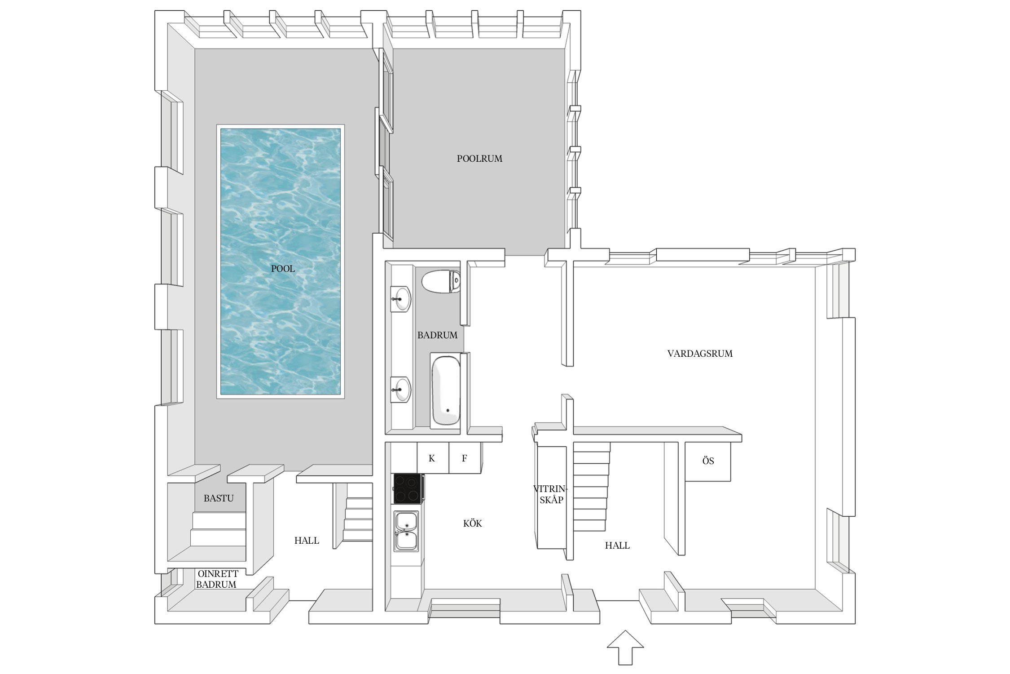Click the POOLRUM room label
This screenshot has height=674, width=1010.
coord(479,159)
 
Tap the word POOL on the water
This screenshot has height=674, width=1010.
coord(283,269)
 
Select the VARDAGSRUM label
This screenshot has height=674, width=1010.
coord(700,354)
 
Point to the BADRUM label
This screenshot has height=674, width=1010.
coord(437,335)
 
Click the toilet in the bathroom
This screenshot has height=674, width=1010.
coord(441,281)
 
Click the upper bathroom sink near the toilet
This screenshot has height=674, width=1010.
coord(400,299)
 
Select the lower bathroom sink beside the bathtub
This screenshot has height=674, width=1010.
coord(400,389)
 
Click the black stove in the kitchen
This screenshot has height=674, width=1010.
coord(408,488)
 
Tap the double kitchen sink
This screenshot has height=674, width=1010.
coord(406,531)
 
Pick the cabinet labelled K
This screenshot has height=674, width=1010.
coord(433,458)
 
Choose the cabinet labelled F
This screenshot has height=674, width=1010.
coord(465,458)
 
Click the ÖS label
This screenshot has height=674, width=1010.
coord(708,461)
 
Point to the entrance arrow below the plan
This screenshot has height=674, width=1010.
coord(625,647)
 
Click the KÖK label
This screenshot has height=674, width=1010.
coord(472,523)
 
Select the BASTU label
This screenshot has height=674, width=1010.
coord(219,498)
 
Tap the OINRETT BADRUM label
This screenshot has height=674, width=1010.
coord(217,579)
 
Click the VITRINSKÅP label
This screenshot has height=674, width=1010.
coord(551,494)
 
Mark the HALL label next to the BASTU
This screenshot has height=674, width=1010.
coord(307,541)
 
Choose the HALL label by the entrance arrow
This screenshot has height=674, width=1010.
coord(617,545)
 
